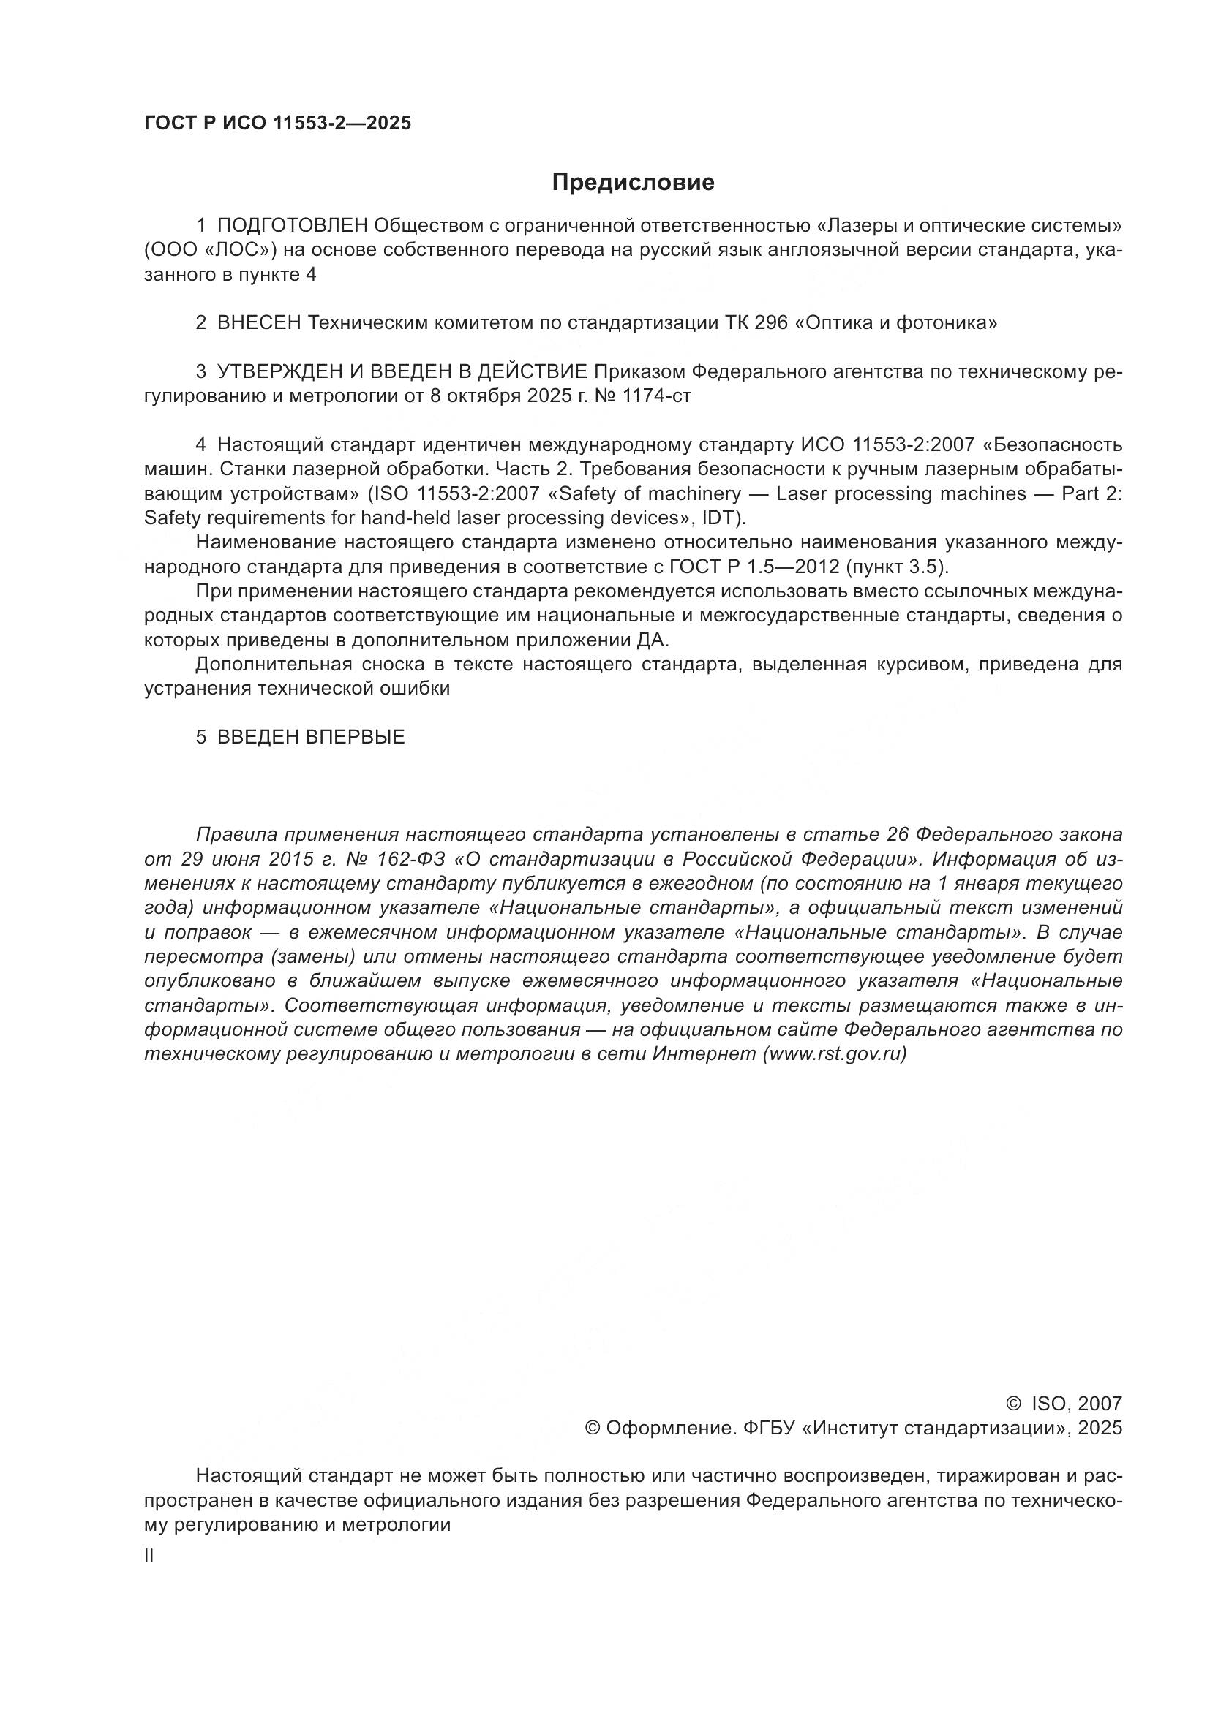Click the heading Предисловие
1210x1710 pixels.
coord(633,183)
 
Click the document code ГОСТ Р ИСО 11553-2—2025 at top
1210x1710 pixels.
coord(277,124)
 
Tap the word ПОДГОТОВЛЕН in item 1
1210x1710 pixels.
coord(293,225)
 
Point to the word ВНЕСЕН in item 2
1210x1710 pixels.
coord(259,322)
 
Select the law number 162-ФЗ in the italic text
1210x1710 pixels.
coord(412,859)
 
